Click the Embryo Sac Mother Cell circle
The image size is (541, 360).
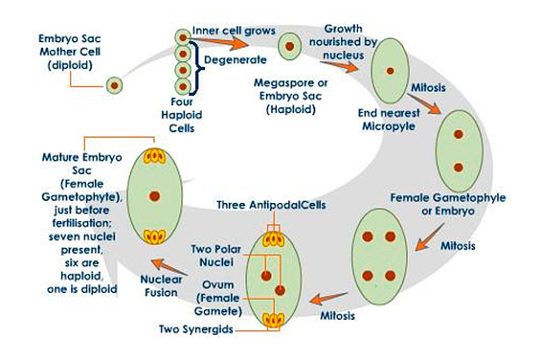(x=114, y=85)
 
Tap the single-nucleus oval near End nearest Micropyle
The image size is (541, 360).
(x=390, y=71)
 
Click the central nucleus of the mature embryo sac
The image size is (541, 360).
(x=154, y=196)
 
